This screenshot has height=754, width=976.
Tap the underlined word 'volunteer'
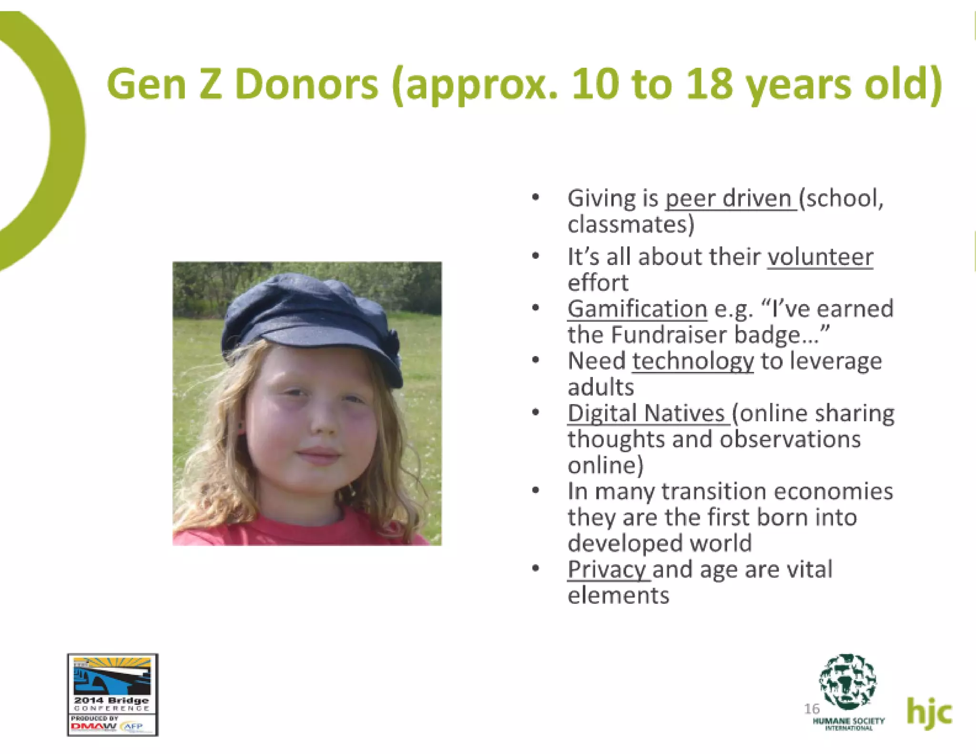(820, 257)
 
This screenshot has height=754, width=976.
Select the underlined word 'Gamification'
(637, 309)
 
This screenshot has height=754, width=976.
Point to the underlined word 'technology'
(693, 361)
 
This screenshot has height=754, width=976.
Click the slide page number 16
(811, 709)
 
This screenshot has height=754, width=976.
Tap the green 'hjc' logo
(929, 713)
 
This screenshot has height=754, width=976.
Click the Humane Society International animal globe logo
(847, 682)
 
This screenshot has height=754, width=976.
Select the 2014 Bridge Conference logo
(112, 694)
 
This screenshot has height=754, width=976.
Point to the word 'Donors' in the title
(306, 84)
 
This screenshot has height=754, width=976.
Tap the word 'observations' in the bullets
(790, 439)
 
